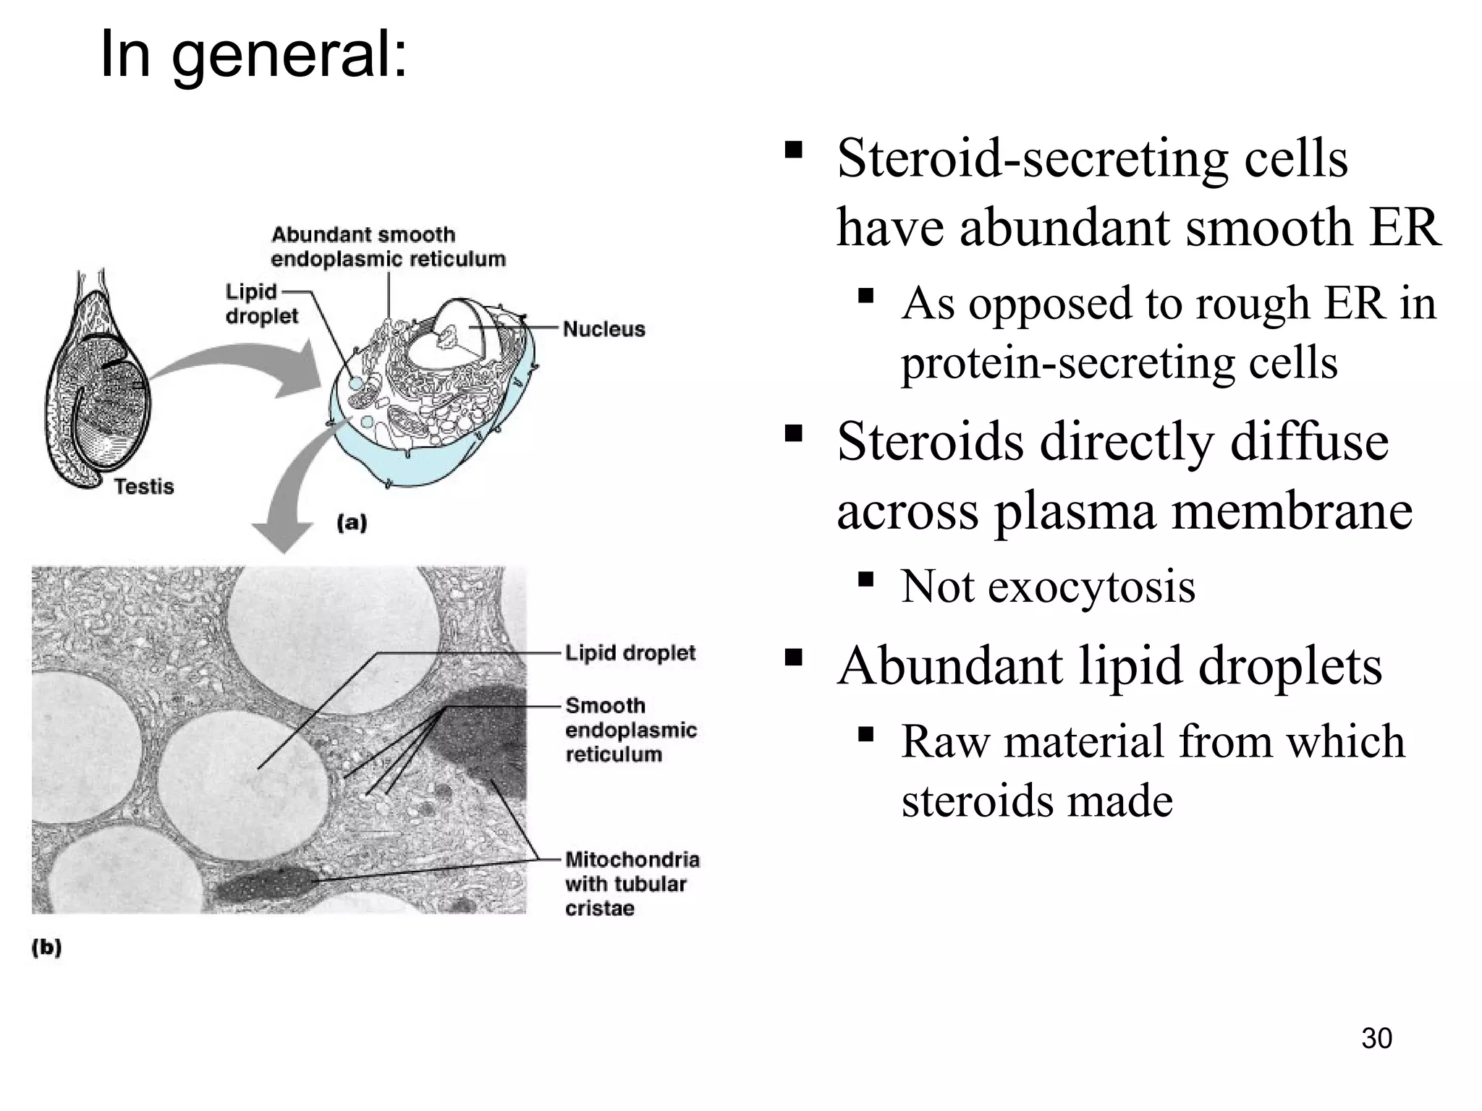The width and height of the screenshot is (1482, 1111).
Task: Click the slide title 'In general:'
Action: tap(253, 55)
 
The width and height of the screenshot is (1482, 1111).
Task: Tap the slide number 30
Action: tap(1376, 1039)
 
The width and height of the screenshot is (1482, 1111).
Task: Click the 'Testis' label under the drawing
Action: tap(144, 486)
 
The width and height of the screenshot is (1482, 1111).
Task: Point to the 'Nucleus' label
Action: tap(604, 329)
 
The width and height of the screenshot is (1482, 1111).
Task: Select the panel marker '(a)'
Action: tap(352, 522)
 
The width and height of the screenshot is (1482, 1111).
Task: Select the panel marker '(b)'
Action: tap(46, 948)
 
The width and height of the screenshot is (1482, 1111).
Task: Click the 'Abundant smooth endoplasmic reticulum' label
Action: tap(388, 247)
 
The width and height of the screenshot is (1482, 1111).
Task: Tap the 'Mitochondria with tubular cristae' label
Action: tap(632, 883)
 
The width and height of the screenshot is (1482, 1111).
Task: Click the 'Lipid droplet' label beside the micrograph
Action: tap(630, 653)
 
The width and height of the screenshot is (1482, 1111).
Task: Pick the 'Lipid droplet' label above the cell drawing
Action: tap(261, 304)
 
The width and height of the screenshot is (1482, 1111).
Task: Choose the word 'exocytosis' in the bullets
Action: tap(1091, 586)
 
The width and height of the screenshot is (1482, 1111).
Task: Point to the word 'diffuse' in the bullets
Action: tap(1309, 441)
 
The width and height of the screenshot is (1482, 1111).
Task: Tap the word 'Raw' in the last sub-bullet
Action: tap(945, 741)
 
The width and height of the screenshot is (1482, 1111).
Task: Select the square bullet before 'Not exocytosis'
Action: tap(865, 579)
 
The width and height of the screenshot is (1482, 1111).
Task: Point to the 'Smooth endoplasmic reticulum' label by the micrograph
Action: tap(630, 730)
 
